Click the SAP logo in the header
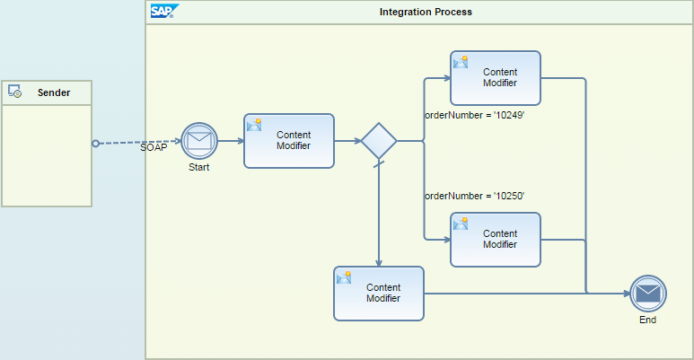click(x=163, y=12)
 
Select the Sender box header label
click(x=54, y=92)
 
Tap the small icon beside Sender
click(x=15, y=92)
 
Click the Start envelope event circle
click(x=199, y=141)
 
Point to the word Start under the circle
click(x=199, y=168)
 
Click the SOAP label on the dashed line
click(x=154, y=147)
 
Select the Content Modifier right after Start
click(x=289, y=141)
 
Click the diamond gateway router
click(x=379, y=141)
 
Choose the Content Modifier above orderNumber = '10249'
click(x=496, y=77)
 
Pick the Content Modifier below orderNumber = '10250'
click(x=496, y=240)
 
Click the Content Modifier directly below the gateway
click(x=379, y=294)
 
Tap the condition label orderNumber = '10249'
click(x=474, y=116)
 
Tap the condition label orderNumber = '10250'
click(x=474, y=196)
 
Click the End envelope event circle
click(x=647, y=294)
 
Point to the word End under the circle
click(x=647, y=320)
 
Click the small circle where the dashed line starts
click(x=95, y=143)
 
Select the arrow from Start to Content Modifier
click(x=231, y=141)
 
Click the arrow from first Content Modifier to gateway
click(x=347, y=141)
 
